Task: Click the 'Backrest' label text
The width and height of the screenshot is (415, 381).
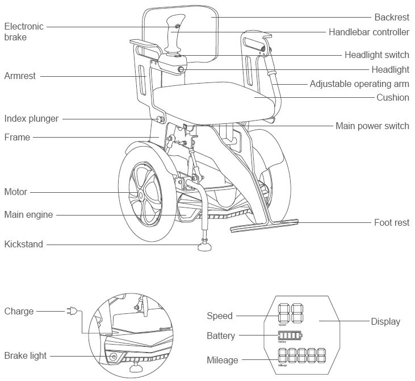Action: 391,18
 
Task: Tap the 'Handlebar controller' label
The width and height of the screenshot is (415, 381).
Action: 368,32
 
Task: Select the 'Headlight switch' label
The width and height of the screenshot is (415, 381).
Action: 376,55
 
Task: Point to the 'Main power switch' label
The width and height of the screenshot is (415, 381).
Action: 372,126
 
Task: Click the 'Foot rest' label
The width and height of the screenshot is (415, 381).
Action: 392,222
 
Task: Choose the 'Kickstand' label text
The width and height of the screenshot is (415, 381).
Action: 23,244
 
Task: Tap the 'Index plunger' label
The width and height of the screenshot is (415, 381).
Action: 31,119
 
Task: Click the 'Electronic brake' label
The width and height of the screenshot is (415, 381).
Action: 23,32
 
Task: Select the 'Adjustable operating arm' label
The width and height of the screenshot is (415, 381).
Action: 359,84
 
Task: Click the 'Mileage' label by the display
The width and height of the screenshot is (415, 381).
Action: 223,360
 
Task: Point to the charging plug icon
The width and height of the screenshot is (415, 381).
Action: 72,311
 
